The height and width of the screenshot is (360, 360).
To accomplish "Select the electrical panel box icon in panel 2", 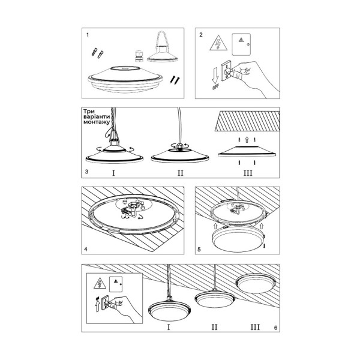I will click(243, 43).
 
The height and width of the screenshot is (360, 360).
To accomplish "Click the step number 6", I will click(275, 328).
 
